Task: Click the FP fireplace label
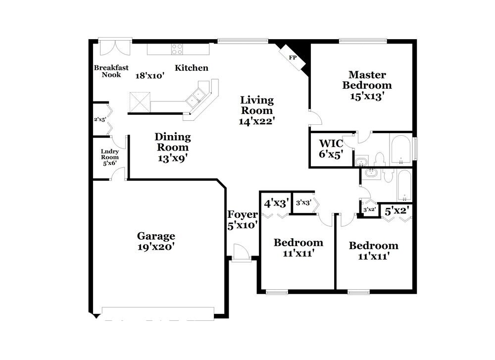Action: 293,57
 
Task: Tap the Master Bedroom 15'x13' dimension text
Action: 367,97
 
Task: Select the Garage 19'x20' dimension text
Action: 156,246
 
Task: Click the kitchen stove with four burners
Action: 177,49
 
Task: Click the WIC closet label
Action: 331,143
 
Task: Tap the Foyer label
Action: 242,214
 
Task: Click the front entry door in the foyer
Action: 240,252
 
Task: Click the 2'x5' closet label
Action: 100,119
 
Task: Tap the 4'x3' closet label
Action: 276,203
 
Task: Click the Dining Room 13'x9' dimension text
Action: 172,158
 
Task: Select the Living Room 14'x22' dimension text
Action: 256,120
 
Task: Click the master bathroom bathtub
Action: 400,149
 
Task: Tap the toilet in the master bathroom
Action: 380,159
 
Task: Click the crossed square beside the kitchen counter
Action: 140,102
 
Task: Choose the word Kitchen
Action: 192,68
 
